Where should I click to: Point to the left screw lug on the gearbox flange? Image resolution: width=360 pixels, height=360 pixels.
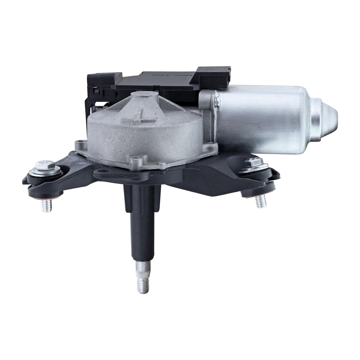click(x=79, y=145)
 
